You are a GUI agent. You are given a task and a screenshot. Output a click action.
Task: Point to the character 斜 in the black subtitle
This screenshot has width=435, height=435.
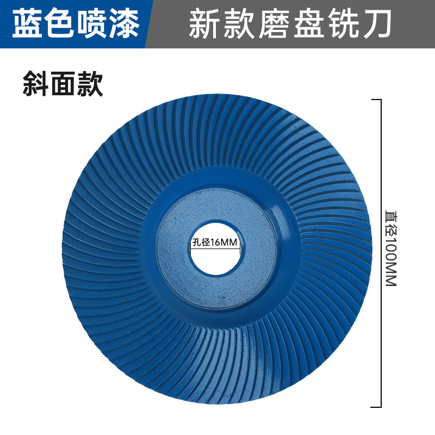pyautogui.click(x=36, y=84)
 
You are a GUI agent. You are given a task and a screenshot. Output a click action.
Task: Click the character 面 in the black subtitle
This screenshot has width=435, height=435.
pyautogui.click(x=63, y=84)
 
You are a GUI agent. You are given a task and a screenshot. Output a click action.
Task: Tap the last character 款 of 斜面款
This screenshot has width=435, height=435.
pyautogui.click(x=90, y=84)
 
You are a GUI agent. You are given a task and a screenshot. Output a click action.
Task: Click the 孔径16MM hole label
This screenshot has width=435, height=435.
pyautogui.click(x=216, y=243)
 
